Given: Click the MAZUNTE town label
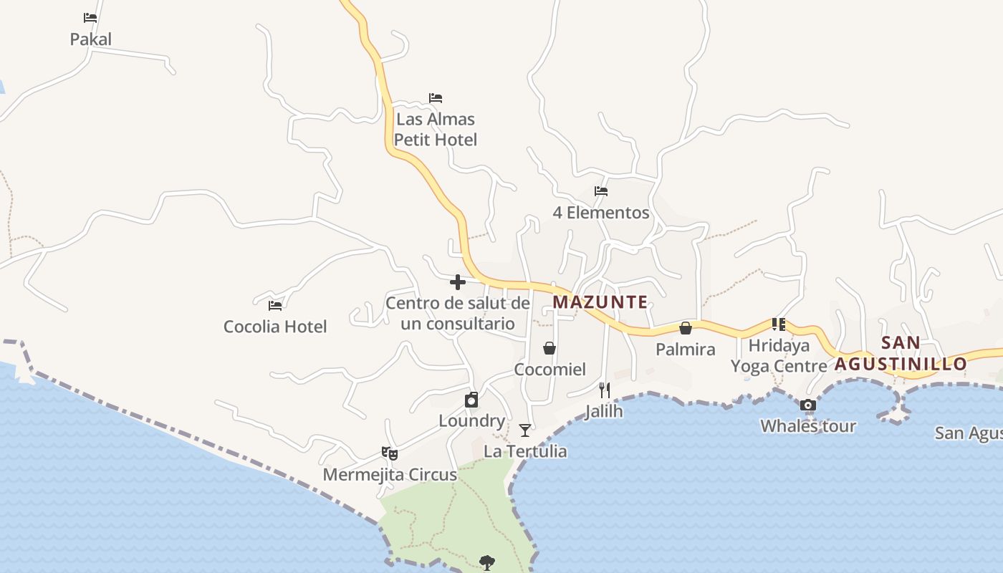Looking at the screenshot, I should (600, 302).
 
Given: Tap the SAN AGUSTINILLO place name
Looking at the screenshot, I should (901, 353).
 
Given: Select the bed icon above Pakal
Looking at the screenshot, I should (90, 18).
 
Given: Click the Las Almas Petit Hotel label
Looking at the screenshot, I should (436, 129).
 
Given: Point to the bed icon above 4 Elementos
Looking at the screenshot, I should (601, 191).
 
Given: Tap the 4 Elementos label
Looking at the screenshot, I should (601, 213).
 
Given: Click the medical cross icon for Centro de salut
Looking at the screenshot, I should (458, 281).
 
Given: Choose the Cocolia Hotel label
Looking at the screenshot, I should (275, 327).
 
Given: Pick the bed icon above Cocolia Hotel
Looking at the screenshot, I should (275, 306).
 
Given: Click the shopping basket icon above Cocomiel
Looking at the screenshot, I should (550, 348).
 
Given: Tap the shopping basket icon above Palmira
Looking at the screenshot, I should (686, 328).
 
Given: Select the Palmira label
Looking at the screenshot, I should (686, 350).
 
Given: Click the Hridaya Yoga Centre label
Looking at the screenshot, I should (779, 356).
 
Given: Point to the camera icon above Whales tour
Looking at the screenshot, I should (808, 405).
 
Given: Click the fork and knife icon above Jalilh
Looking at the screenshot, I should (605, 390).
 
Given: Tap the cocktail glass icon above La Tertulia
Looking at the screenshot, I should (525, 430).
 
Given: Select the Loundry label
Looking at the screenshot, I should (471, 421).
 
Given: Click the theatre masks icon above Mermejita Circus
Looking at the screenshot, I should (390, 453).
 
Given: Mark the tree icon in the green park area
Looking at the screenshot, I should (487, 562).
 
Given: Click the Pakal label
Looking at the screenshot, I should (90, 39).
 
